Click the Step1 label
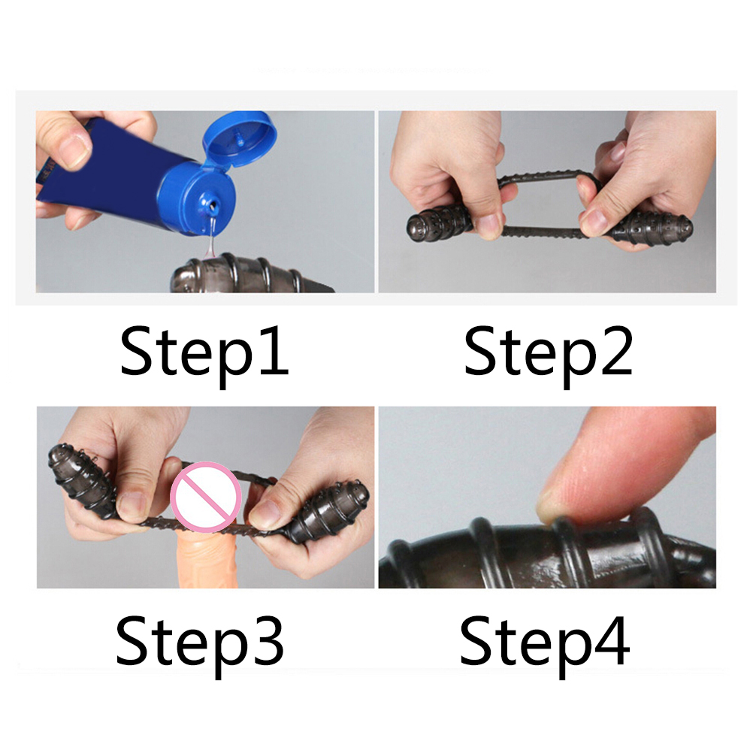204,355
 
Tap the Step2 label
549,355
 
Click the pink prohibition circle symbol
206,497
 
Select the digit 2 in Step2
617,350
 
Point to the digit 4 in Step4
612,640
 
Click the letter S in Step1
136,350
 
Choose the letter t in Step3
162,643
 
